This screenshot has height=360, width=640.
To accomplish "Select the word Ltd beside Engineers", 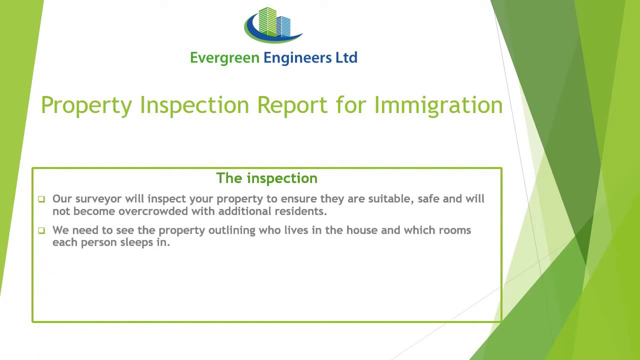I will (x=346, y=57).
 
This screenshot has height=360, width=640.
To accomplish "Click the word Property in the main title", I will (x=86, y=105).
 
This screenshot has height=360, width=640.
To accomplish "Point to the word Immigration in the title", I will (x=438, y=105).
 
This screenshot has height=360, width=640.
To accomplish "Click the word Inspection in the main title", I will (x=194, y=105).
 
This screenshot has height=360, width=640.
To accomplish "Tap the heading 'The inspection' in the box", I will (x=266, y=178).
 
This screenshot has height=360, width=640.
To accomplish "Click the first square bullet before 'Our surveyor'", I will (x=41, y=199).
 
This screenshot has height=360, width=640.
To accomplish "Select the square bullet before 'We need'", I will (x=41, y=230).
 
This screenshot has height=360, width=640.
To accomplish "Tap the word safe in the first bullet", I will (x=428, y=199).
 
